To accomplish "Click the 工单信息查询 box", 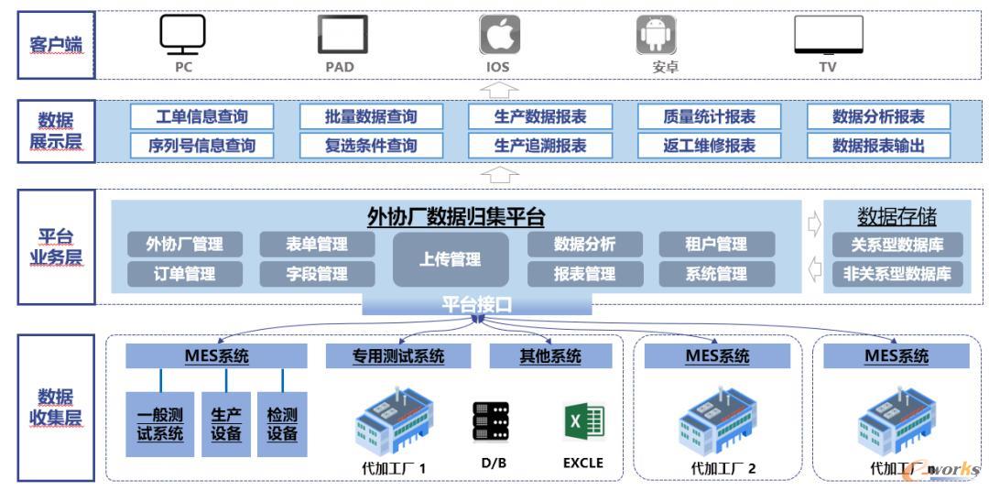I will (202, 116).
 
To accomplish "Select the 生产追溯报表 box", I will (540, 146).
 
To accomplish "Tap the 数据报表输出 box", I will (878, 146).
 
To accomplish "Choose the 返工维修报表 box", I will (710, 146).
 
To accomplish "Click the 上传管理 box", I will (451, 260).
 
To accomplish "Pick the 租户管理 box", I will (716, 245).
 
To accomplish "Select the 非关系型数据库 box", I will (897, 274).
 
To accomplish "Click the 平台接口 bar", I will (477, 305).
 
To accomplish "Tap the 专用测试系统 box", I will (398, 356).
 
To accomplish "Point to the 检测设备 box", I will (282, 424).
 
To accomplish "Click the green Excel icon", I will (583, 422).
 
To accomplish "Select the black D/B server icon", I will (492, 423).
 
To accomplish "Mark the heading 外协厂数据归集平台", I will (456, 217).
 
